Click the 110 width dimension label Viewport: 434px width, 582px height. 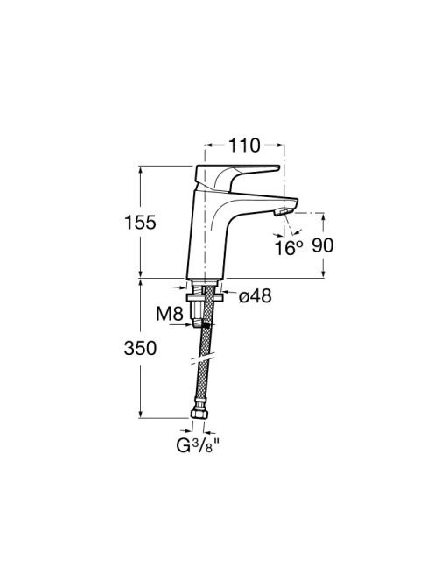pos(244,145)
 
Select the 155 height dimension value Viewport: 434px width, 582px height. pos(140,223)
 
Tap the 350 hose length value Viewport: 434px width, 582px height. pos(140,349)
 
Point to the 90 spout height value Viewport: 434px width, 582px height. pos(323,245)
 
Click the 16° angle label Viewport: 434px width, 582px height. pos(289,247)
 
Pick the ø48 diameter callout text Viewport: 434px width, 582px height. pos(255,296)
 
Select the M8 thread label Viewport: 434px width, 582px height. pos(170,314)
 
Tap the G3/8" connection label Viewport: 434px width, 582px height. pos(198,445)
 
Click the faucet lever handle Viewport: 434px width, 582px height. pos(235,177)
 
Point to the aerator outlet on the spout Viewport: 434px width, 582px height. pos(283,212)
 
